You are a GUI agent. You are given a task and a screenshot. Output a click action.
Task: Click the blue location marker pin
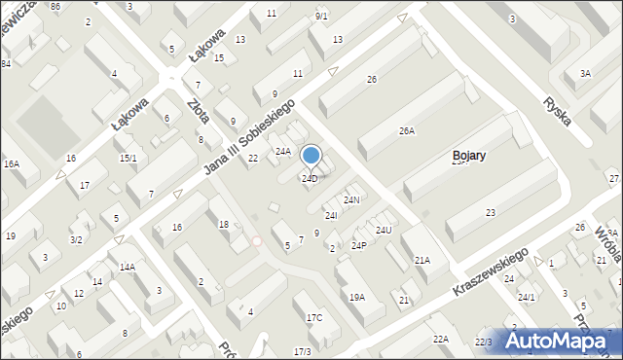(x=311, y=156)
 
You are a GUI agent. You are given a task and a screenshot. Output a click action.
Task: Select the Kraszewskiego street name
(x=492, y=271)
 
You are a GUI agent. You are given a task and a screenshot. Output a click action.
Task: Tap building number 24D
(x=310, y=179)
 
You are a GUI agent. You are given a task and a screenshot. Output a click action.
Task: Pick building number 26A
(x=407, y=130)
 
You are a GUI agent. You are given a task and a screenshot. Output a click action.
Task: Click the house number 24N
(x=352, y=199)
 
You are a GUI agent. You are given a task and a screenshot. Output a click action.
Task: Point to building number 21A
(x=422, y=261)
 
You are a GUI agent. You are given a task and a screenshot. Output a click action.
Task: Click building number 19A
(x=357, y=297)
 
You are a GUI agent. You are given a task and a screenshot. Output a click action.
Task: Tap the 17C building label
(x=314, y=318)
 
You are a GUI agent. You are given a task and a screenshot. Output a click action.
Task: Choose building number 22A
(x=441, y=339)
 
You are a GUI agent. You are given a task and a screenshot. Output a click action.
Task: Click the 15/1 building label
(x=128, y=158)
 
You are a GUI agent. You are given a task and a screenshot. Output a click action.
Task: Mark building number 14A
(x=128, y=267)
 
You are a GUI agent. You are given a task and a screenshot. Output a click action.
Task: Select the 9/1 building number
(x=321, y=17)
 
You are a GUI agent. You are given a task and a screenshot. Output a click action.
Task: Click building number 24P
(x=358, y=245)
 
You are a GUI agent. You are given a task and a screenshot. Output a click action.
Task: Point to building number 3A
(x=584, y=73)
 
